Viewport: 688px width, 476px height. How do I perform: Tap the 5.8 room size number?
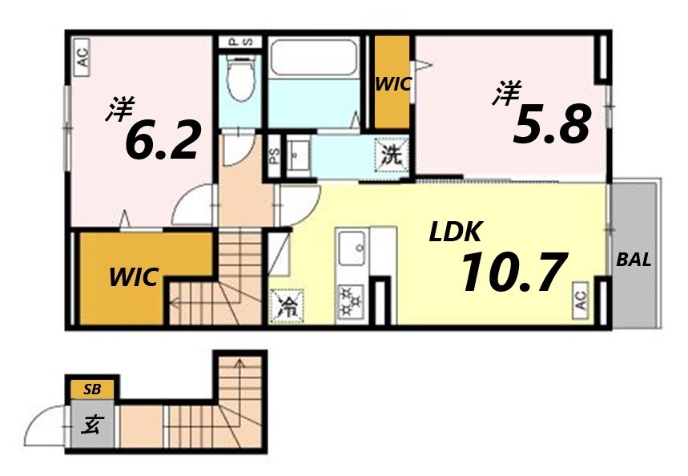pos(552,125)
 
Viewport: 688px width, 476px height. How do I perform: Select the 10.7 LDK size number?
pos(513,272)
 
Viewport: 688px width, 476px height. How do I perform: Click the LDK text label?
pos(455,232)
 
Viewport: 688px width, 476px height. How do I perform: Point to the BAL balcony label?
pos(634,260)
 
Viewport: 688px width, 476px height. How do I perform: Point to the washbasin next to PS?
pos(300,155)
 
